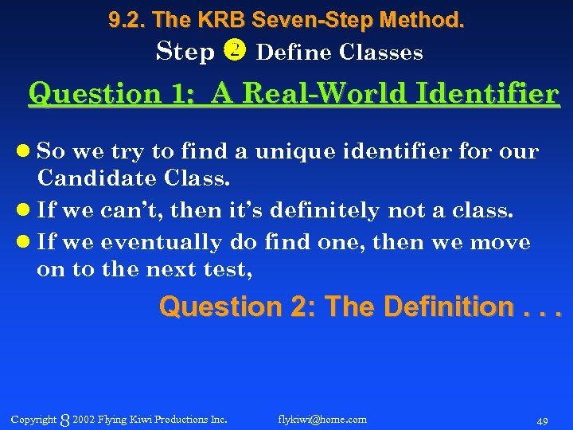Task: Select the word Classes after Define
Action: pos(380,53)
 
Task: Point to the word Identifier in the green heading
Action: pos(492,94)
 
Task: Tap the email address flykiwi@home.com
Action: pos(322,419)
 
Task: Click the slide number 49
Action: pos(544,420)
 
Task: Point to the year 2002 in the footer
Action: pos(84,419)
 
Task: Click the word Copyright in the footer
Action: pos(33,419)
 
